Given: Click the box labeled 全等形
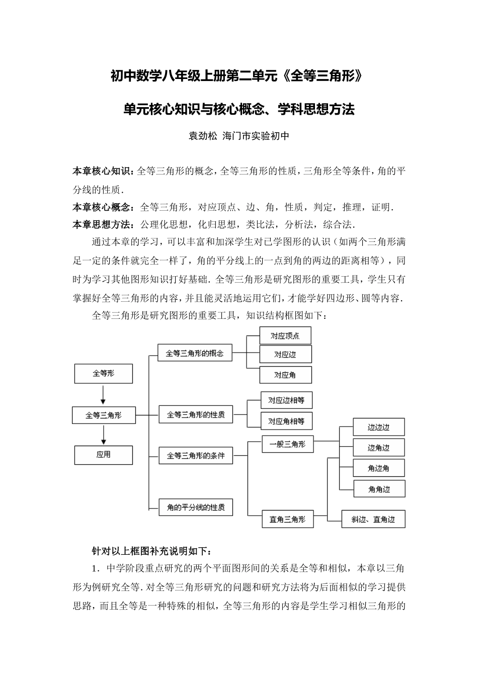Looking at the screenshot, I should [103, 374].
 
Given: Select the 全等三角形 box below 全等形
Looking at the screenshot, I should [103, 415].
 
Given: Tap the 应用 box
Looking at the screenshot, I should [103, 455].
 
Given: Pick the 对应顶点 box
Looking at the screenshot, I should [285, 335].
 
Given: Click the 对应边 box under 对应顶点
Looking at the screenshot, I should [285, 355].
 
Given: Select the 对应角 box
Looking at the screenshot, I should [285, 375].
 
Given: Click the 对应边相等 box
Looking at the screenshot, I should [286, 400].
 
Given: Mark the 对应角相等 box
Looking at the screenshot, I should [286, 421].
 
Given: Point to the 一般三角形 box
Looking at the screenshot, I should [287, 444].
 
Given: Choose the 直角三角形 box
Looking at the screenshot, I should [287, 520].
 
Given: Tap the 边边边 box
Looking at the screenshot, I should [378, 428].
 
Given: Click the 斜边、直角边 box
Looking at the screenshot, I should [373, 520].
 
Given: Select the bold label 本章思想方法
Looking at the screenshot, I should [103, 224].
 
